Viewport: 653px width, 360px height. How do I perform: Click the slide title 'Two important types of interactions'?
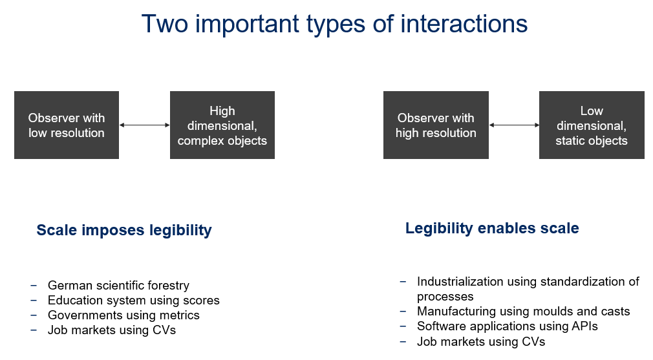click(x=334, y=24)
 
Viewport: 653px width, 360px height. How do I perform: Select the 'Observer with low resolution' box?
click(x=67, y=125)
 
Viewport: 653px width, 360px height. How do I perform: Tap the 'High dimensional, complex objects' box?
click(x=222, y=125)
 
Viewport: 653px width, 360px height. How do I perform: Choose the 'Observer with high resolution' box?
click(x=436, y=125)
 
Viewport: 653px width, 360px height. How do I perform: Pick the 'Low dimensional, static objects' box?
click(x=592, y=125)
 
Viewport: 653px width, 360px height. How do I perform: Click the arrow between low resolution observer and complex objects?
click(x=145, y=125)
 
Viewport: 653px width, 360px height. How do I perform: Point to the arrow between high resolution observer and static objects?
click(x=514, y=125)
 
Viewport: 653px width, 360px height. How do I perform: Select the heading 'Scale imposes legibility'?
click(x=124, y=230)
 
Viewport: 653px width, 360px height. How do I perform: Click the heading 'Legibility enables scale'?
click(x=492, y=228)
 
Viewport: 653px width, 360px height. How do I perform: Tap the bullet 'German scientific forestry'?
click(x=119, y=286)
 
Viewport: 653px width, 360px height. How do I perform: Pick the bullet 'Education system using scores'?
click(x=134, y=301)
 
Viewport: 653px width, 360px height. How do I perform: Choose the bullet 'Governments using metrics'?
click(x=123, y=315)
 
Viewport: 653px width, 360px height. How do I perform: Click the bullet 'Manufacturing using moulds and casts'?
click(x=524, y=312)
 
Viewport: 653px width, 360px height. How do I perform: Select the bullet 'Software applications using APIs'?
click(x=508, y=326)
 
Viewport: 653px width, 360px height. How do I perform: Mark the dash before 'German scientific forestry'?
click(x=34, y=286)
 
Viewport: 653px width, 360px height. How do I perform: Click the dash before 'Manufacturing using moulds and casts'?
click(x=403, y=312)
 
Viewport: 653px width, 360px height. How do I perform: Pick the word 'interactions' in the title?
click(x=464, y=24)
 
